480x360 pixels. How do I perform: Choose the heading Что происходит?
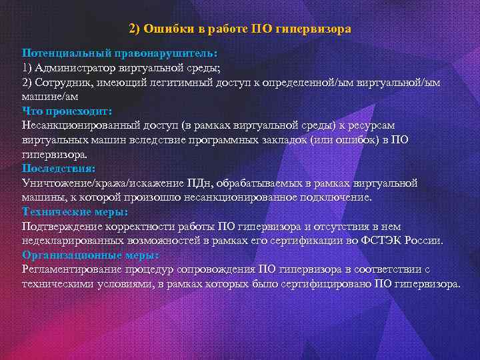click(x=67, y=110)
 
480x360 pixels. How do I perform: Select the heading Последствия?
click(x=59, y=168)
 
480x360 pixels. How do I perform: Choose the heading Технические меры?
click(x=75, y=211)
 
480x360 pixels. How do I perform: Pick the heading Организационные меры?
click(x=90, y=255)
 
